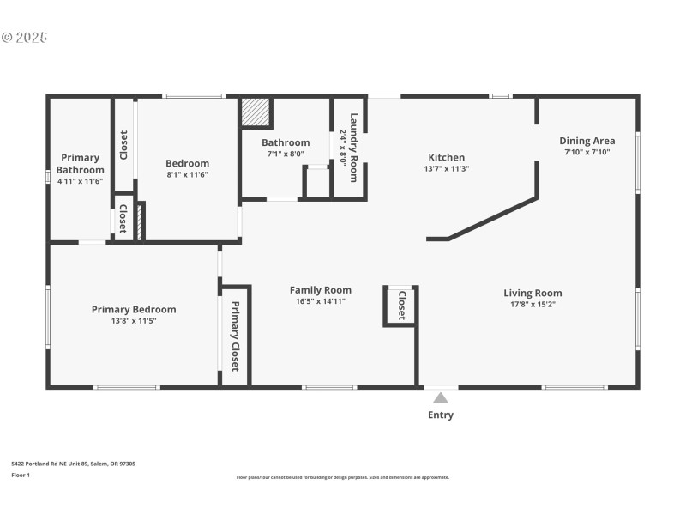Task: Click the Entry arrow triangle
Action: coord(440,397)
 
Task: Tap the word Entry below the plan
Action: coord(441,415)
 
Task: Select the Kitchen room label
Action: coord(447,157)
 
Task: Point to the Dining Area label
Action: coord(587,141)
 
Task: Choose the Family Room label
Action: coord(320,290)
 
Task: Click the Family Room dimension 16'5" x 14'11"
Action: coord(320,301)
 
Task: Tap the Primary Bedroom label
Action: coord(134,310)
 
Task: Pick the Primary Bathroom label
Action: coord(80,163)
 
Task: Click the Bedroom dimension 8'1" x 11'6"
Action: coord(187,174)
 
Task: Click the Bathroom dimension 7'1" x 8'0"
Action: coord(286,154)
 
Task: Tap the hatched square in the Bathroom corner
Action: coord(256,112)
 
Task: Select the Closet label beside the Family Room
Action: coord(401,304)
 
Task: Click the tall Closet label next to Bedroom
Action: coord(123,144)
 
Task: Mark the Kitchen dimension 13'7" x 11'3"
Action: coord(447,168)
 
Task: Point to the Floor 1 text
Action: coord(21,475)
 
